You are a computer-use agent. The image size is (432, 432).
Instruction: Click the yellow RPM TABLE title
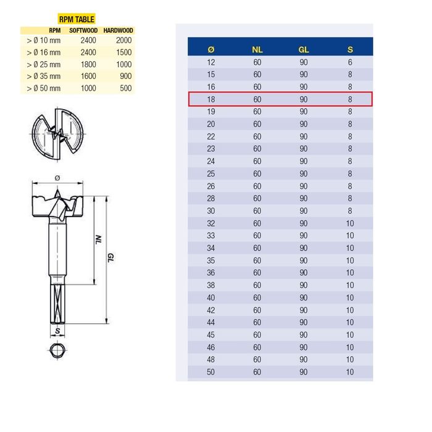click(76, 20)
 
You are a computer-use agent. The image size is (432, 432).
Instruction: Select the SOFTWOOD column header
click(83, 30)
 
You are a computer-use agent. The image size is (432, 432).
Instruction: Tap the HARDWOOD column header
click(118, 30)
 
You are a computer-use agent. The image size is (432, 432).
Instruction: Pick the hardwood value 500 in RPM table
click(126, 88)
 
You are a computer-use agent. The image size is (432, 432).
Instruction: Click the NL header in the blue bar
click(257, 49)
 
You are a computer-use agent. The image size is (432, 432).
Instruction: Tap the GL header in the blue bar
click(304, 49)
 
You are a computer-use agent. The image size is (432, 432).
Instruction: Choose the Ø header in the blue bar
click(211, 49)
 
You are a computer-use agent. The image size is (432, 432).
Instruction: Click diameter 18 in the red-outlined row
click(211, 99)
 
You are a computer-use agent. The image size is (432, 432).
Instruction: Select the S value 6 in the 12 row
click(350, 62)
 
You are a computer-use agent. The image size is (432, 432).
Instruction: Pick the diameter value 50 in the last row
click(211, 372)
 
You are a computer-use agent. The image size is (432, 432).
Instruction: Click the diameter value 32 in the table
click(211, 223)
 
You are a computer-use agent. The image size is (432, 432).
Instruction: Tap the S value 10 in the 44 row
click(350, 322)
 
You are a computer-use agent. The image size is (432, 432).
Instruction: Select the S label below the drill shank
click(57, 332)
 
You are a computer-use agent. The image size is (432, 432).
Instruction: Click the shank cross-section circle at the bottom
click(57, 351)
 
